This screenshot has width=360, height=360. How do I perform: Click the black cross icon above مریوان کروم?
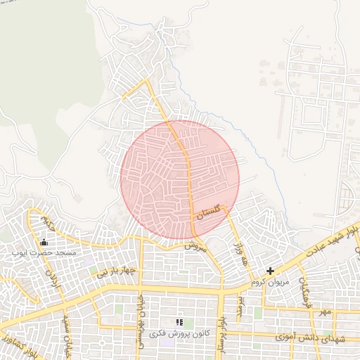270,271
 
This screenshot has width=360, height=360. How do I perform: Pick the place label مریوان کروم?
269,281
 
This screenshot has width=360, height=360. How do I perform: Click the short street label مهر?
323,310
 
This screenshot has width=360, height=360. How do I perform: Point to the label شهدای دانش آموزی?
311,338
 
